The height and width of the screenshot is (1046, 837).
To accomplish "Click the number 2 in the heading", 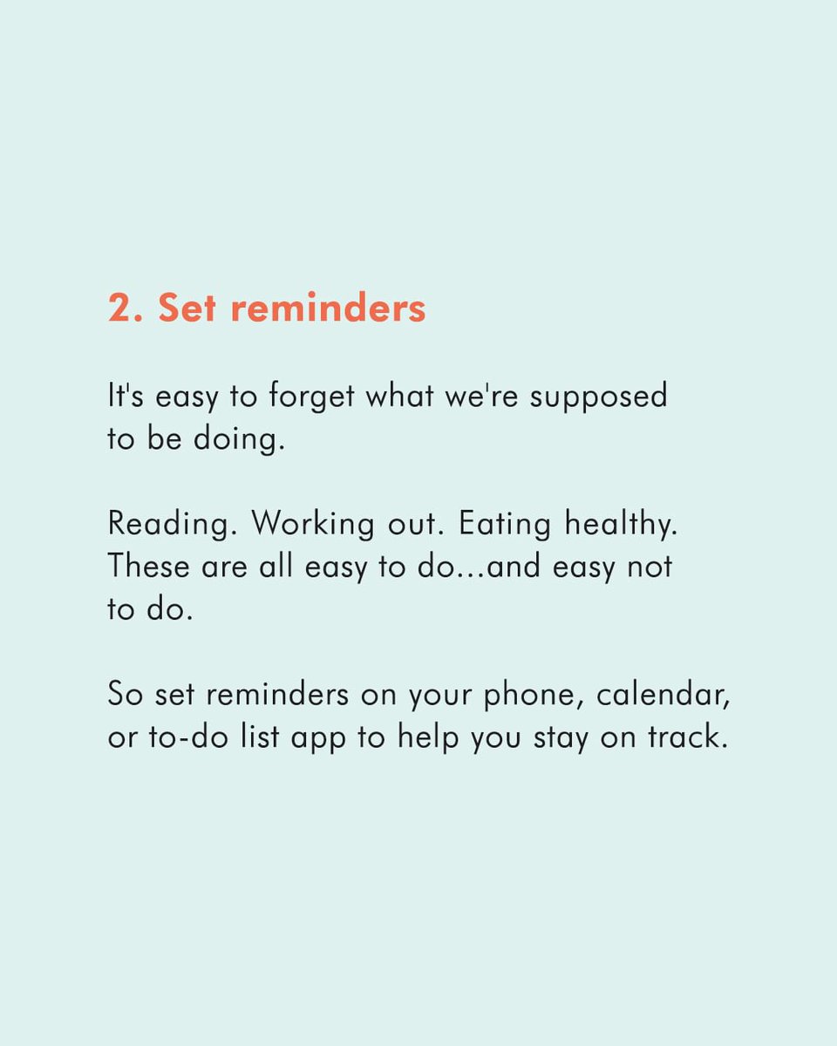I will point(119,309).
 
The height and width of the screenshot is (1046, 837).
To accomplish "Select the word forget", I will point(311,397).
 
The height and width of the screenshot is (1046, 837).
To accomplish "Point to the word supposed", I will point(599,397).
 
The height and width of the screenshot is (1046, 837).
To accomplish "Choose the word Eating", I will point(505,525).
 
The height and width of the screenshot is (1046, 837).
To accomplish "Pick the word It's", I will point(126,397).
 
